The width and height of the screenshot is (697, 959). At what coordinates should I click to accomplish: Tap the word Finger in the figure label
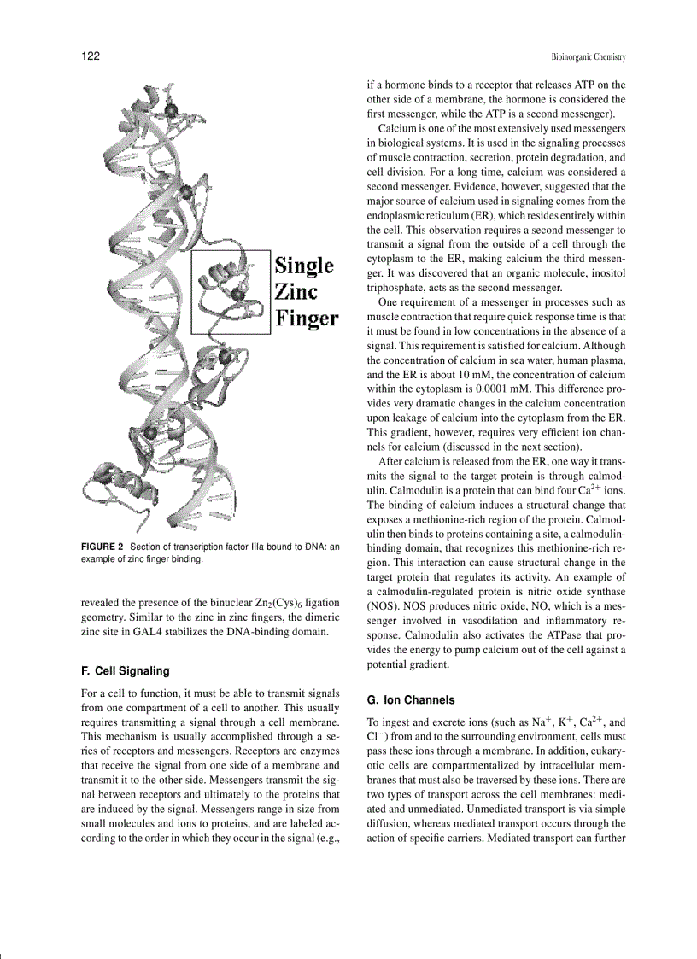point(306,319)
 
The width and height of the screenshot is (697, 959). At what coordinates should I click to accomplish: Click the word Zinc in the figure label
point(296,292)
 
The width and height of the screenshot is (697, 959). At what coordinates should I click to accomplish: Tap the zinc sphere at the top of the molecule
point(171,110)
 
